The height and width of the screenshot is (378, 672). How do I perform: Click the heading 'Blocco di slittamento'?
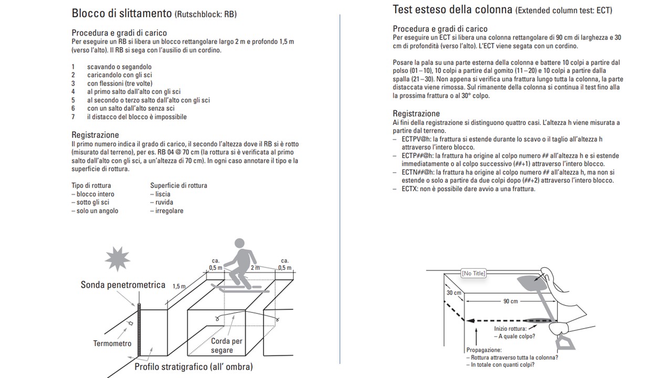pos(122,14)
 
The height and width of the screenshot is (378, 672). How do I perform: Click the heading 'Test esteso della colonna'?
pos(452,9)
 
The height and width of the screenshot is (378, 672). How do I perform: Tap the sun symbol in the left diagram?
pos(117,258)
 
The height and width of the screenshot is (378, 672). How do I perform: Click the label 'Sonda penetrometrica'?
pos(123,285)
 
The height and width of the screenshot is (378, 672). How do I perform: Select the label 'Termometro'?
pos(112,343)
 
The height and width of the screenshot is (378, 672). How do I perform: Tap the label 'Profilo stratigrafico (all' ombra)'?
pos(194,366)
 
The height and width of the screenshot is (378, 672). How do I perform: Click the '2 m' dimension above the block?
pos(256,268)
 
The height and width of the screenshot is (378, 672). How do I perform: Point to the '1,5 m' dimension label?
pos(179,287)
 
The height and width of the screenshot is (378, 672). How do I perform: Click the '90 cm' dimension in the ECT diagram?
pos(510,301)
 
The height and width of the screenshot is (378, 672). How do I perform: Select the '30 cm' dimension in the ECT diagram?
pos(454,293)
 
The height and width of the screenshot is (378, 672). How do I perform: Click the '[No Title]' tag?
pos(473,273)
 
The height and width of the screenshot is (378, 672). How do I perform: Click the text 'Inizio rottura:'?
pos(510,329)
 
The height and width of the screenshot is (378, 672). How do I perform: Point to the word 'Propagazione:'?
pos(484,350)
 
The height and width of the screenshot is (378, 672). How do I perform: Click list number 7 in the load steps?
pos(73,117)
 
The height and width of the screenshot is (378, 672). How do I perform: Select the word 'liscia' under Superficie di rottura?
pos(163,194)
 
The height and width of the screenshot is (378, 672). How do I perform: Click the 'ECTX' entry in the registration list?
pos(410,189)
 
